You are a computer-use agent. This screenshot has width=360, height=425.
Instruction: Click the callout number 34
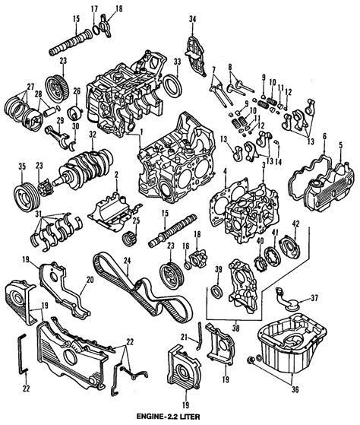click(x=192, y=19)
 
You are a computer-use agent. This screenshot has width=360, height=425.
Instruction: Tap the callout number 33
click(x=177, y=62)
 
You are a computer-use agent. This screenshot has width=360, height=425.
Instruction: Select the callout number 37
click(x=314, y=298)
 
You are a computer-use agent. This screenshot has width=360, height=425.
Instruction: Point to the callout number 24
click(x=127, y=261)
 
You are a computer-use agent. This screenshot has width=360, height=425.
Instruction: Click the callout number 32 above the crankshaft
click(x=93, y=135)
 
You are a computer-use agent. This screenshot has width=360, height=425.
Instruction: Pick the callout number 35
click(x=22, y=167)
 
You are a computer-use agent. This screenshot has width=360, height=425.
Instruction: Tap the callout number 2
click(x=116, y=176)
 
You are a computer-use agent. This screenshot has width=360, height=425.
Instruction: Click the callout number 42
click(x=296, y=224)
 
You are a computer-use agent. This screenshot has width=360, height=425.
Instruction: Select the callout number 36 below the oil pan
click(x=295, y=389)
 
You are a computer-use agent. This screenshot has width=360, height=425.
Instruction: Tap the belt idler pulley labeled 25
click(x=130, y=239)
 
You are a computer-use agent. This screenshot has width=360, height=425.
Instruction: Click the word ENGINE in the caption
click(x=148, y=416)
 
